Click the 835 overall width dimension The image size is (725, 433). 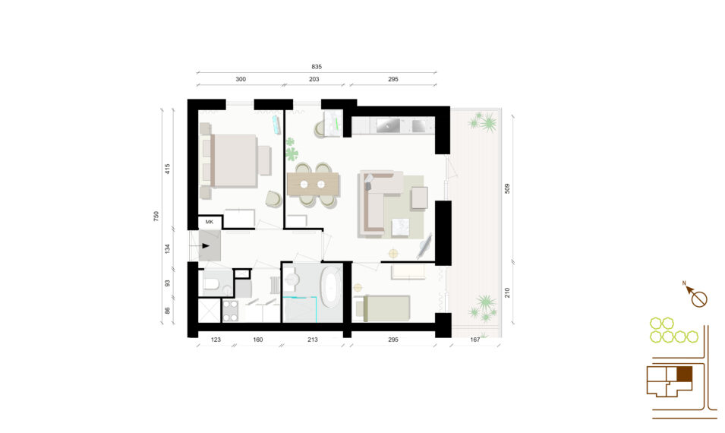tap(317, 67)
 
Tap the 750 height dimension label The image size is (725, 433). tap(156, 216)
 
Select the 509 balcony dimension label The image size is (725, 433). tap(507, 188)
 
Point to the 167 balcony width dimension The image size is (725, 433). tap(475, 340)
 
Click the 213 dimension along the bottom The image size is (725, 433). tap(313, 340)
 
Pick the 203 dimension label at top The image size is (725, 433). tap(314, 79)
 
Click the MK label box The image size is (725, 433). tap(210, 222)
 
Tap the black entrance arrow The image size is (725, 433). tap(206, 246)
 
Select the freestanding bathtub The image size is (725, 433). tap(331, 287)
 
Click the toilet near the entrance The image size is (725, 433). tap(213, 283)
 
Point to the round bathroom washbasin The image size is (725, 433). tap(292, 280)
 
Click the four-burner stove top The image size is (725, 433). tap(230, 311)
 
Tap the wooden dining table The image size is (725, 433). tap(313, 184)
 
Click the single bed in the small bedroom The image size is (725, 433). tap(382, 308)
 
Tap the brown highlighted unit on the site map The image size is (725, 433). tap(684, 375)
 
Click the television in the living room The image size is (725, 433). tap(424, 246)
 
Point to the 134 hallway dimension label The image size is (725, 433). tap(167, 248)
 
